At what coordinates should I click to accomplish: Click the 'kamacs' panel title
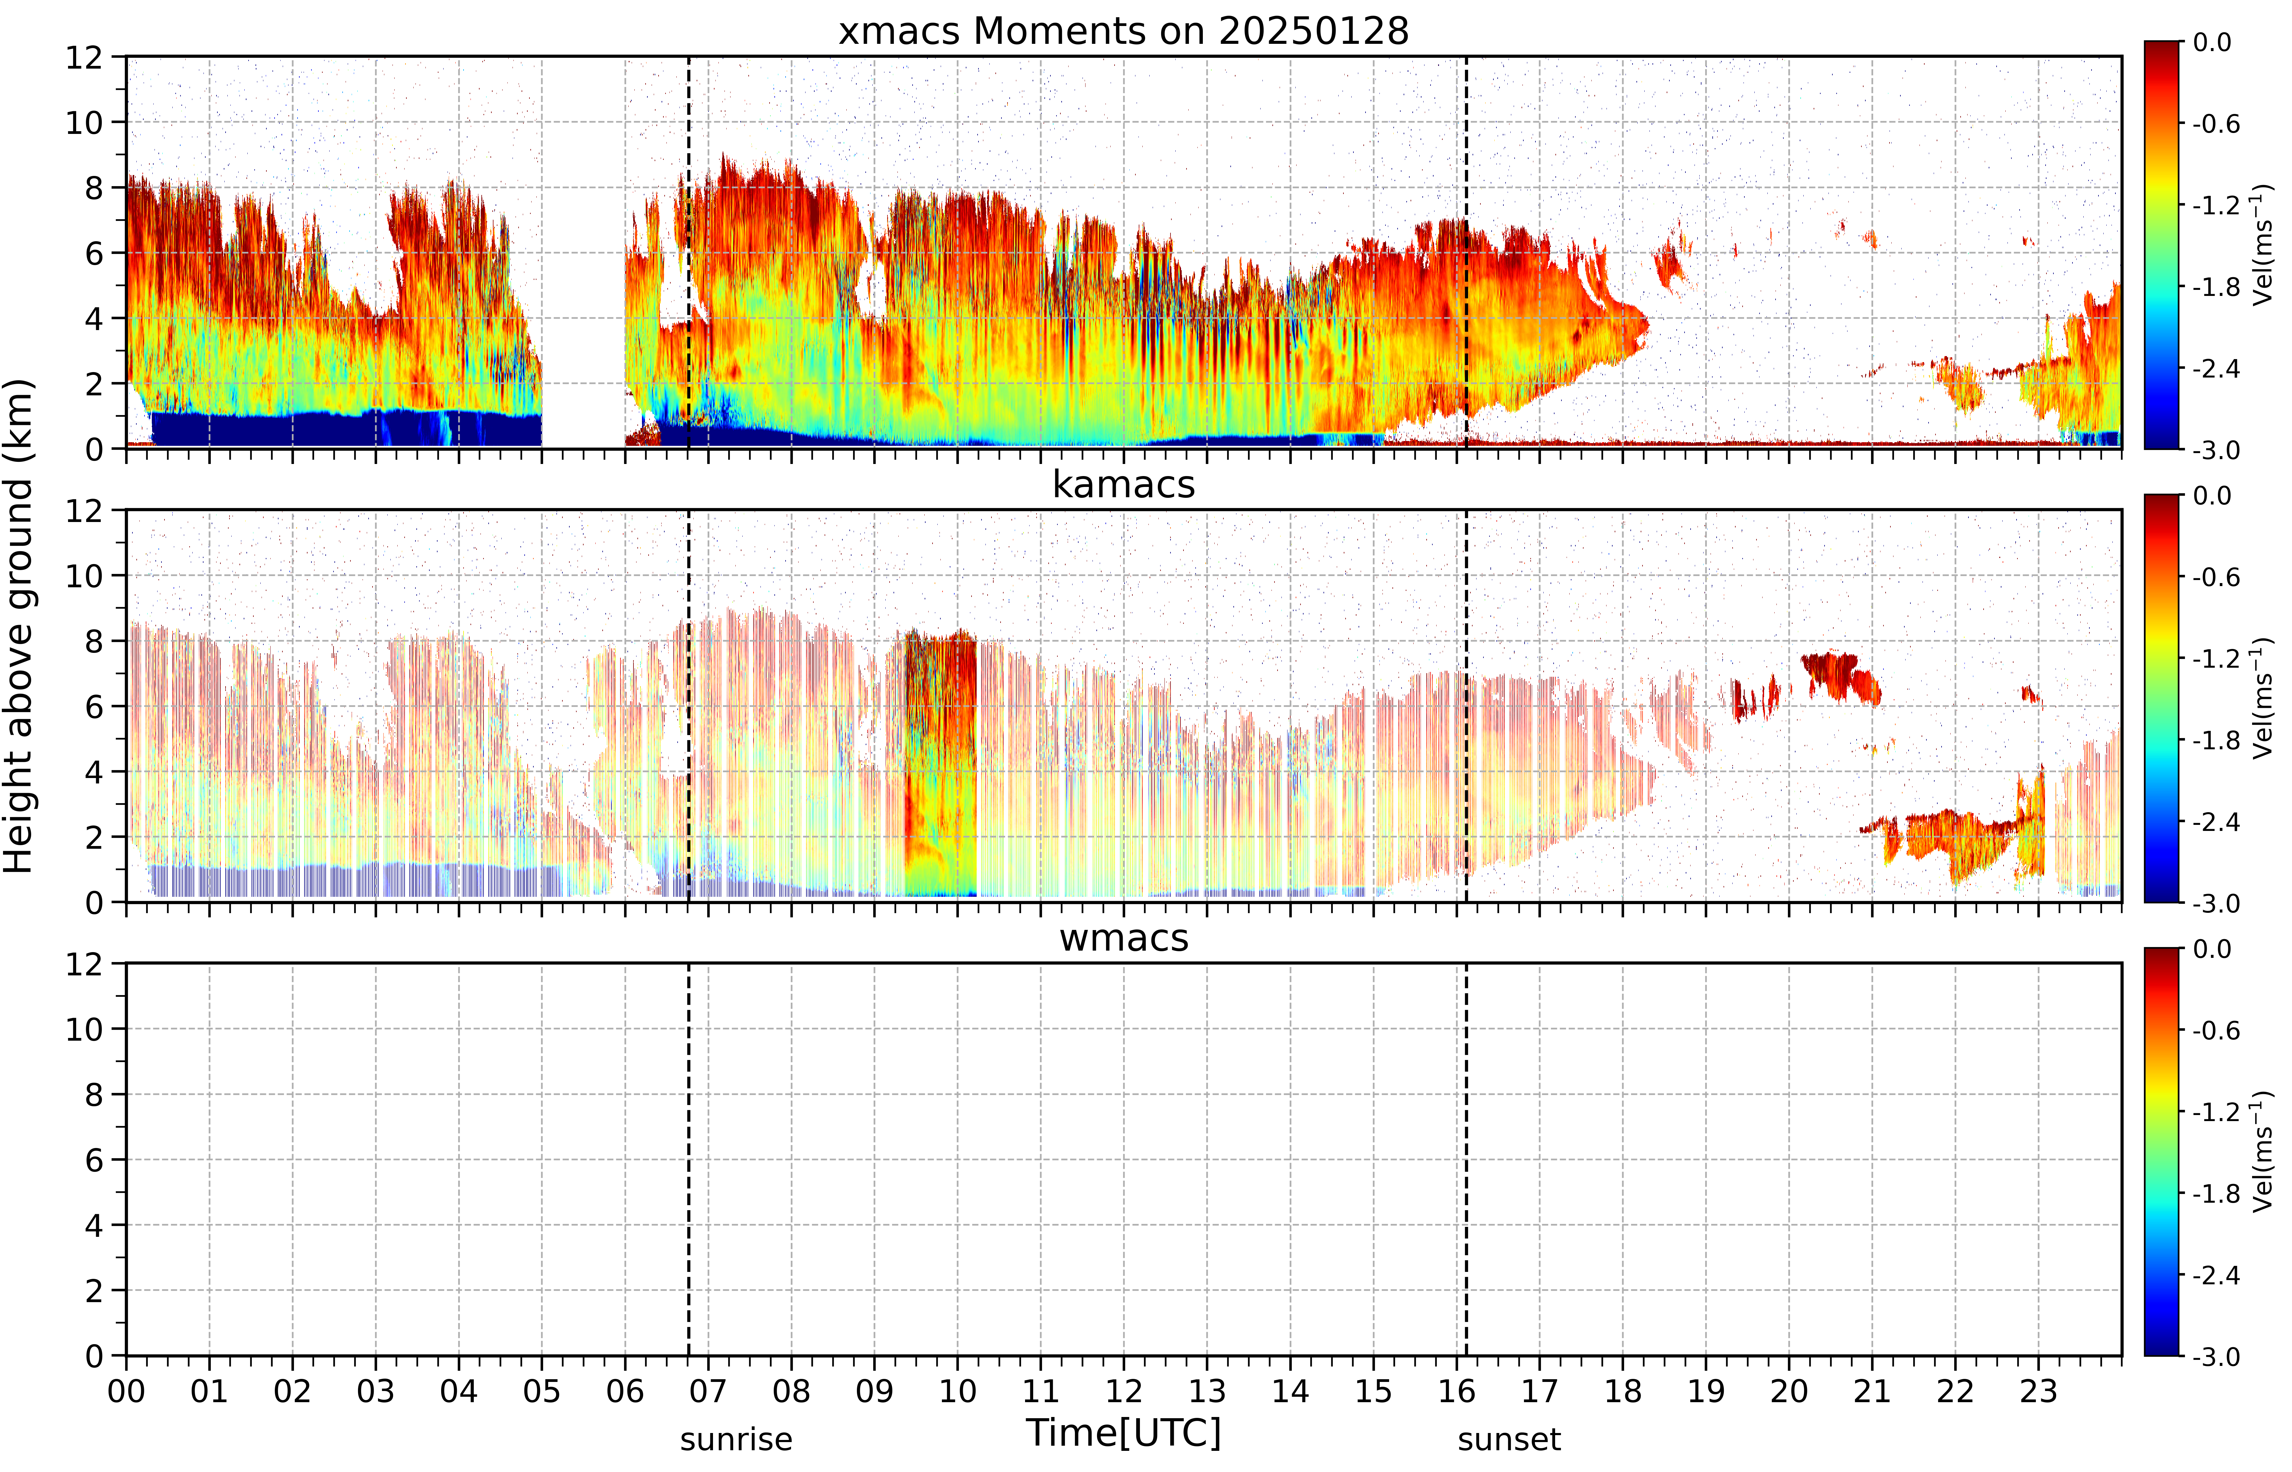[x=1124, y=485]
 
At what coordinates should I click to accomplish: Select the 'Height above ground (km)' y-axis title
[x=19, y=626]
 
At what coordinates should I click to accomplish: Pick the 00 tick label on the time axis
[x=126, y=1391]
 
